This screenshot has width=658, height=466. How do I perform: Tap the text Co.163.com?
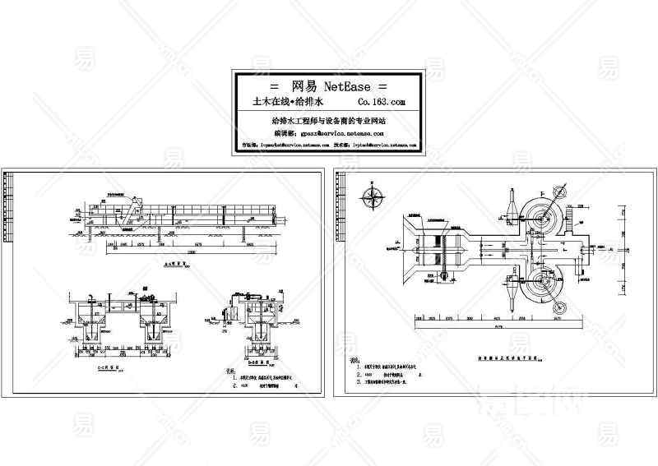pos(381,103)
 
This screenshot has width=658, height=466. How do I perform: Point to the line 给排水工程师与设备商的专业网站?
pos(328,120)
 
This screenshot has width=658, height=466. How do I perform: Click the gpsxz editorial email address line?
pos(329,131)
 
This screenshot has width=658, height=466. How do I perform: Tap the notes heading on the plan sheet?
pos(356,361)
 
